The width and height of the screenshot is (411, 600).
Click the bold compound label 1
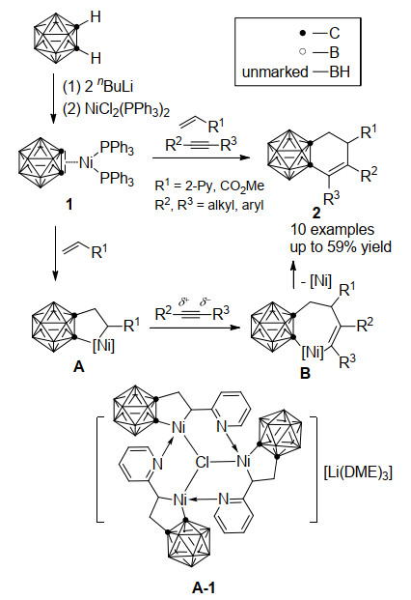tap(68, 205)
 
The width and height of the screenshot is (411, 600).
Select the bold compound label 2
tap(316, 213)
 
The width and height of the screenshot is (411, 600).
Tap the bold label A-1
tap(204, 587)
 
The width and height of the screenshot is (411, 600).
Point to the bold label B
tap(305, 373)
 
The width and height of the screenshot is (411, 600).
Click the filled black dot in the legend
tap(303, 34)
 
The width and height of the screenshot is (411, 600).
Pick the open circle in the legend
tap(303, 51)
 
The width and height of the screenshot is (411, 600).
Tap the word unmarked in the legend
tap(275, 71)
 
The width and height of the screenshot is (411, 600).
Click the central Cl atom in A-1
tap(203, 462)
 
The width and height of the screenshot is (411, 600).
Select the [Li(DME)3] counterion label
tap(358, 473)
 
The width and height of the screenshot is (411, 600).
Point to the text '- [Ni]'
tap(315, 281)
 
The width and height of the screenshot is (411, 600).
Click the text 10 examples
tap(332, 230)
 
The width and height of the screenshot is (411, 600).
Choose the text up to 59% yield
tap(341, 247)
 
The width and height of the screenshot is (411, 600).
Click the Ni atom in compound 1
tap(86, 163)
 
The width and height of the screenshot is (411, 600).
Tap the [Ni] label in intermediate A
tap(103, 346)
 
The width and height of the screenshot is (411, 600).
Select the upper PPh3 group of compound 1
tap(117, 148)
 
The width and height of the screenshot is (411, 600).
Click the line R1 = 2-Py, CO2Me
tap(209, 186)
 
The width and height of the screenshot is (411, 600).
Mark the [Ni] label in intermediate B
tap(313, 352)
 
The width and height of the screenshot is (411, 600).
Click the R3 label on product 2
tap(332, 199)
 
